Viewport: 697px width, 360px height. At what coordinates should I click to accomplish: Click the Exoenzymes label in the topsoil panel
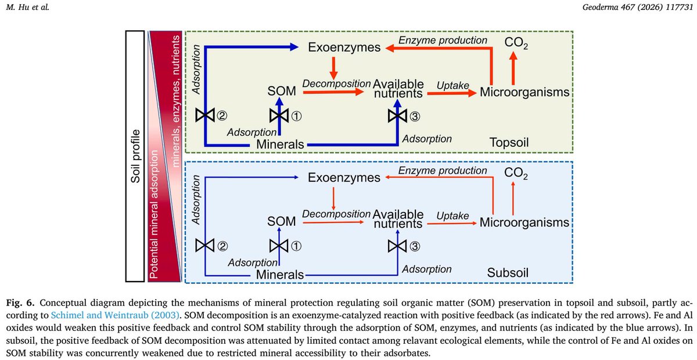[x=344, y=47]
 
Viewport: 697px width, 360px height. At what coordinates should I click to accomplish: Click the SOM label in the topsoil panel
[x=281, y=92]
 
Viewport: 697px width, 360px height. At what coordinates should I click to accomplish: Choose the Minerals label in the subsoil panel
[x=281, y=275]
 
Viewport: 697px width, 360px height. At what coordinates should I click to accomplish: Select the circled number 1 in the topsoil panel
[x=296, y=116]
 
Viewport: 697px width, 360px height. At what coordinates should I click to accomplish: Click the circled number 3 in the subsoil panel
[x=414, y=246]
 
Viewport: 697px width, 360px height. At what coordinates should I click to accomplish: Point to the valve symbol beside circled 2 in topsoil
[x=205, y=116]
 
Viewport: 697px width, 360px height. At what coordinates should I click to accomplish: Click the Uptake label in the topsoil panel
[x=452, y=85]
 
